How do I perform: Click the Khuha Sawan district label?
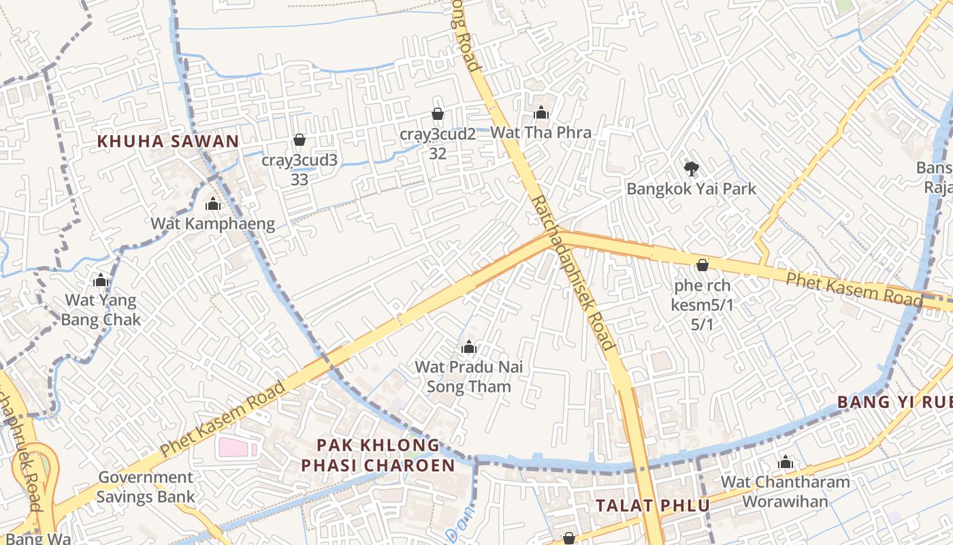pos(167,142)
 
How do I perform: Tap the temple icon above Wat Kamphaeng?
pos(213,204)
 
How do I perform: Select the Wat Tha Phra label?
pos(540,132)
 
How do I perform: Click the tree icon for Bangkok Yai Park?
pos(692,168)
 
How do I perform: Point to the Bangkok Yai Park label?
pos(691,189)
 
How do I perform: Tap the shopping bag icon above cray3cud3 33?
pos(299,140)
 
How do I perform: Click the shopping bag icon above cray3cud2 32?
pos(438,114)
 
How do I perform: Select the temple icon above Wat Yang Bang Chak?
pos(101,280)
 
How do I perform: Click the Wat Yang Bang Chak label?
pos(101,310)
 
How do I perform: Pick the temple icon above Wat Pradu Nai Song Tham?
pos(468,347)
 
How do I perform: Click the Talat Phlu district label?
pos(653,505)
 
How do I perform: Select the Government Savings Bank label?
pos(145,486)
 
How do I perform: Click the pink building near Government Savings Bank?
pos(236,448)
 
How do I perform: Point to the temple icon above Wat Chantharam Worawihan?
pos(786,462)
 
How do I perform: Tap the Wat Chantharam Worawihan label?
pos(786,492)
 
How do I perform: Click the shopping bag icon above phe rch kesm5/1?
pos(702,265)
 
